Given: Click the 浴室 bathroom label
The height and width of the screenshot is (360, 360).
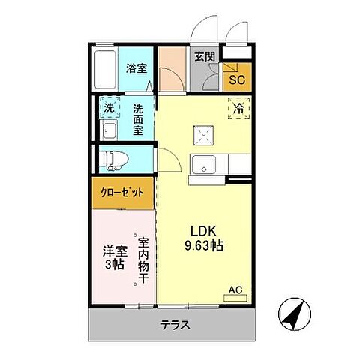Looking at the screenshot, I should (136, 67).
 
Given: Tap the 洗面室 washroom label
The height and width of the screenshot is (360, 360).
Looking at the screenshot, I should (137, 118).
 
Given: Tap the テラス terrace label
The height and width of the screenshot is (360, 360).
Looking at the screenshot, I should (174, 325).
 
